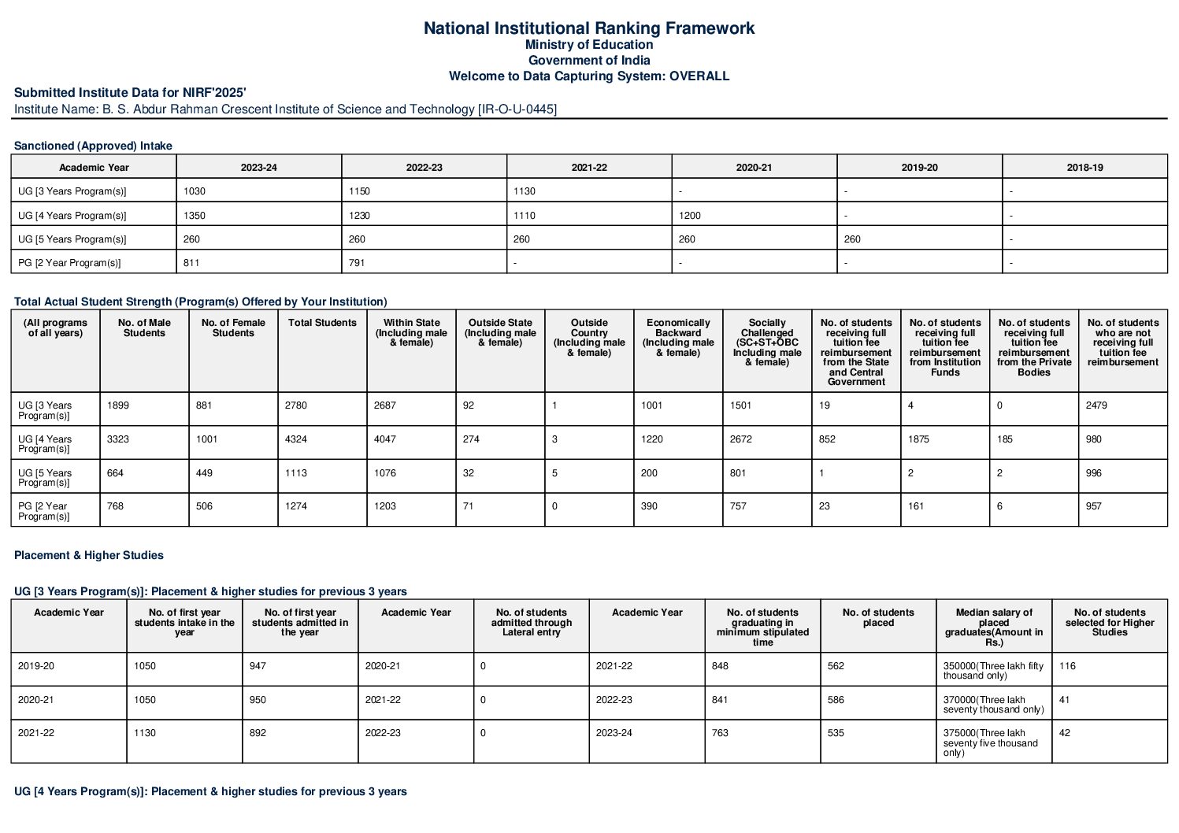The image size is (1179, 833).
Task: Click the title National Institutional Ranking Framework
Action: pos(588,28)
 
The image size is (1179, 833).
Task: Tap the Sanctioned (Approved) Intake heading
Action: pos(93,146)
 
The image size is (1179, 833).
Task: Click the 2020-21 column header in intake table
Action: pos(754,167)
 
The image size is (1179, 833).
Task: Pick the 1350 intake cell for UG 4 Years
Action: pos(194,215)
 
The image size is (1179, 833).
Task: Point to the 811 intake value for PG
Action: pos(191,263)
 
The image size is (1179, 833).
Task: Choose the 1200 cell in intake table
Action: pos(689,215)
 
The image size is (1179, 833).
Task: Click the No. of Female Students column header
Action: pos(233,328)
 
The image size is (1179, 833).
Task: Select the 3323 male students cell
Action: pos(118,439)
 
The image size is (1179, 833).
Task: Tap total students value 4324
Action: pos(296,439)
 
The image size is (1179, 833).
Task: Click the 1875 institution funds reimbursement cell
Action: pos(918,439)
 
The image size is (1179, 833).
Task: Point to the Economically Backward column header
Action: pos(678,337)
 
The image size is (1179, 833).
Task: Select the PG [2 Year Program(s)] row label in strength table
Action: pos(45,511)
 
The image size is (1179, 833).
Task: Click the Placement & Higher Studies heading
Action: pos(89,555)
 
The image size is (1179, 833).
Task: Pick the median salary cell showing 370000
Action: pos(993,704)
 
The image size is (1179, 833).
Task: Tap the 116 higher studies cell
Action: pos(1067,666)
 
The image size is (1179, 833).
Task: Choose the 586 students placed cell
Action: pos(836,700)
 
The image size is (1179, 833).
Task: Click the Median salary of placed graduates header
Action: pos(994,627)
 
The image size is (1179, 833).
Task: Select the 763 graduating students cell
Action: pos(720,733)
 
